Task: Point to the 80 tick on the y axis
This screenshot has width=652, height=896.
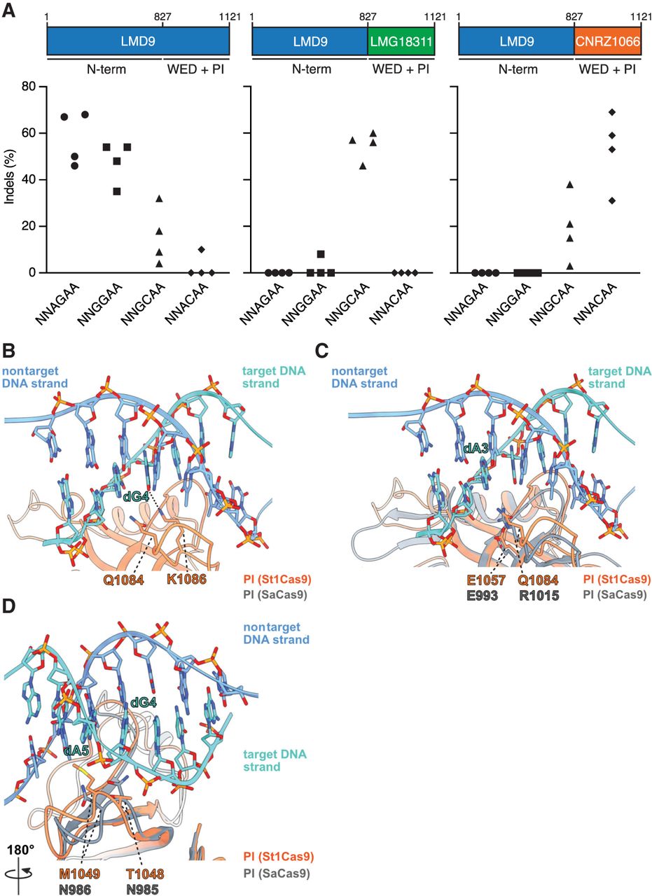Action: point(28,87)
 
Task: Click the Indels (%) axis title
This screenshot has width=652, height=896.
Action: point(10,180)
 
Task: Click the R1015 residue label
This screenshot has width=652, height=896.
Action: point(536,595)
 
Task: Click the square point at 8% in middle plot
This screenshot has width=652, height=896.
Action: point(321,254)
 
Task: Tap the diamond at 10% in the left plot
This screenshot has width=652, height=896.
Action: point(202,250)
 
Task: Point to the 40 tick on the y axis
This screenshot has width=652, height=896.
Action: point(28,180)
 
